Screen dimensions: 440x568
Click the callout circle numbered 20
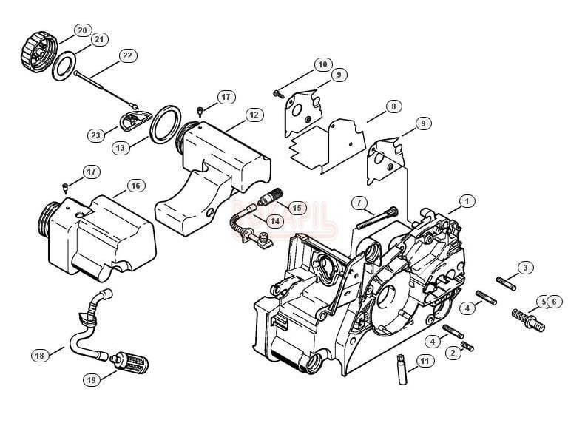pos(81,30)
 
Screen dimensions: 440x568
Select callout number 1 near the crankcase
pos(467,200)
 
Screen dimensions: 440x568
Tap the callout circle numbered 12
pos(254,115)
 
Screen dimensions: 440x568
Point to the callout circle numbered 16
pos(135,185)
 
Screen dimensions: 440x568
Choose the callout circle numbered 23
pos(96,135)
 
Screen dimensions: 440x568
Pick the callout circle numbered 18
pos(40,356)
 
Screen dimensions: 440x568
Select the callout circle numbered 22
pos(127,55)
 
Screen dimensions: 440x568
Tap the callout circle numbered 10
pos(322,64)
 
